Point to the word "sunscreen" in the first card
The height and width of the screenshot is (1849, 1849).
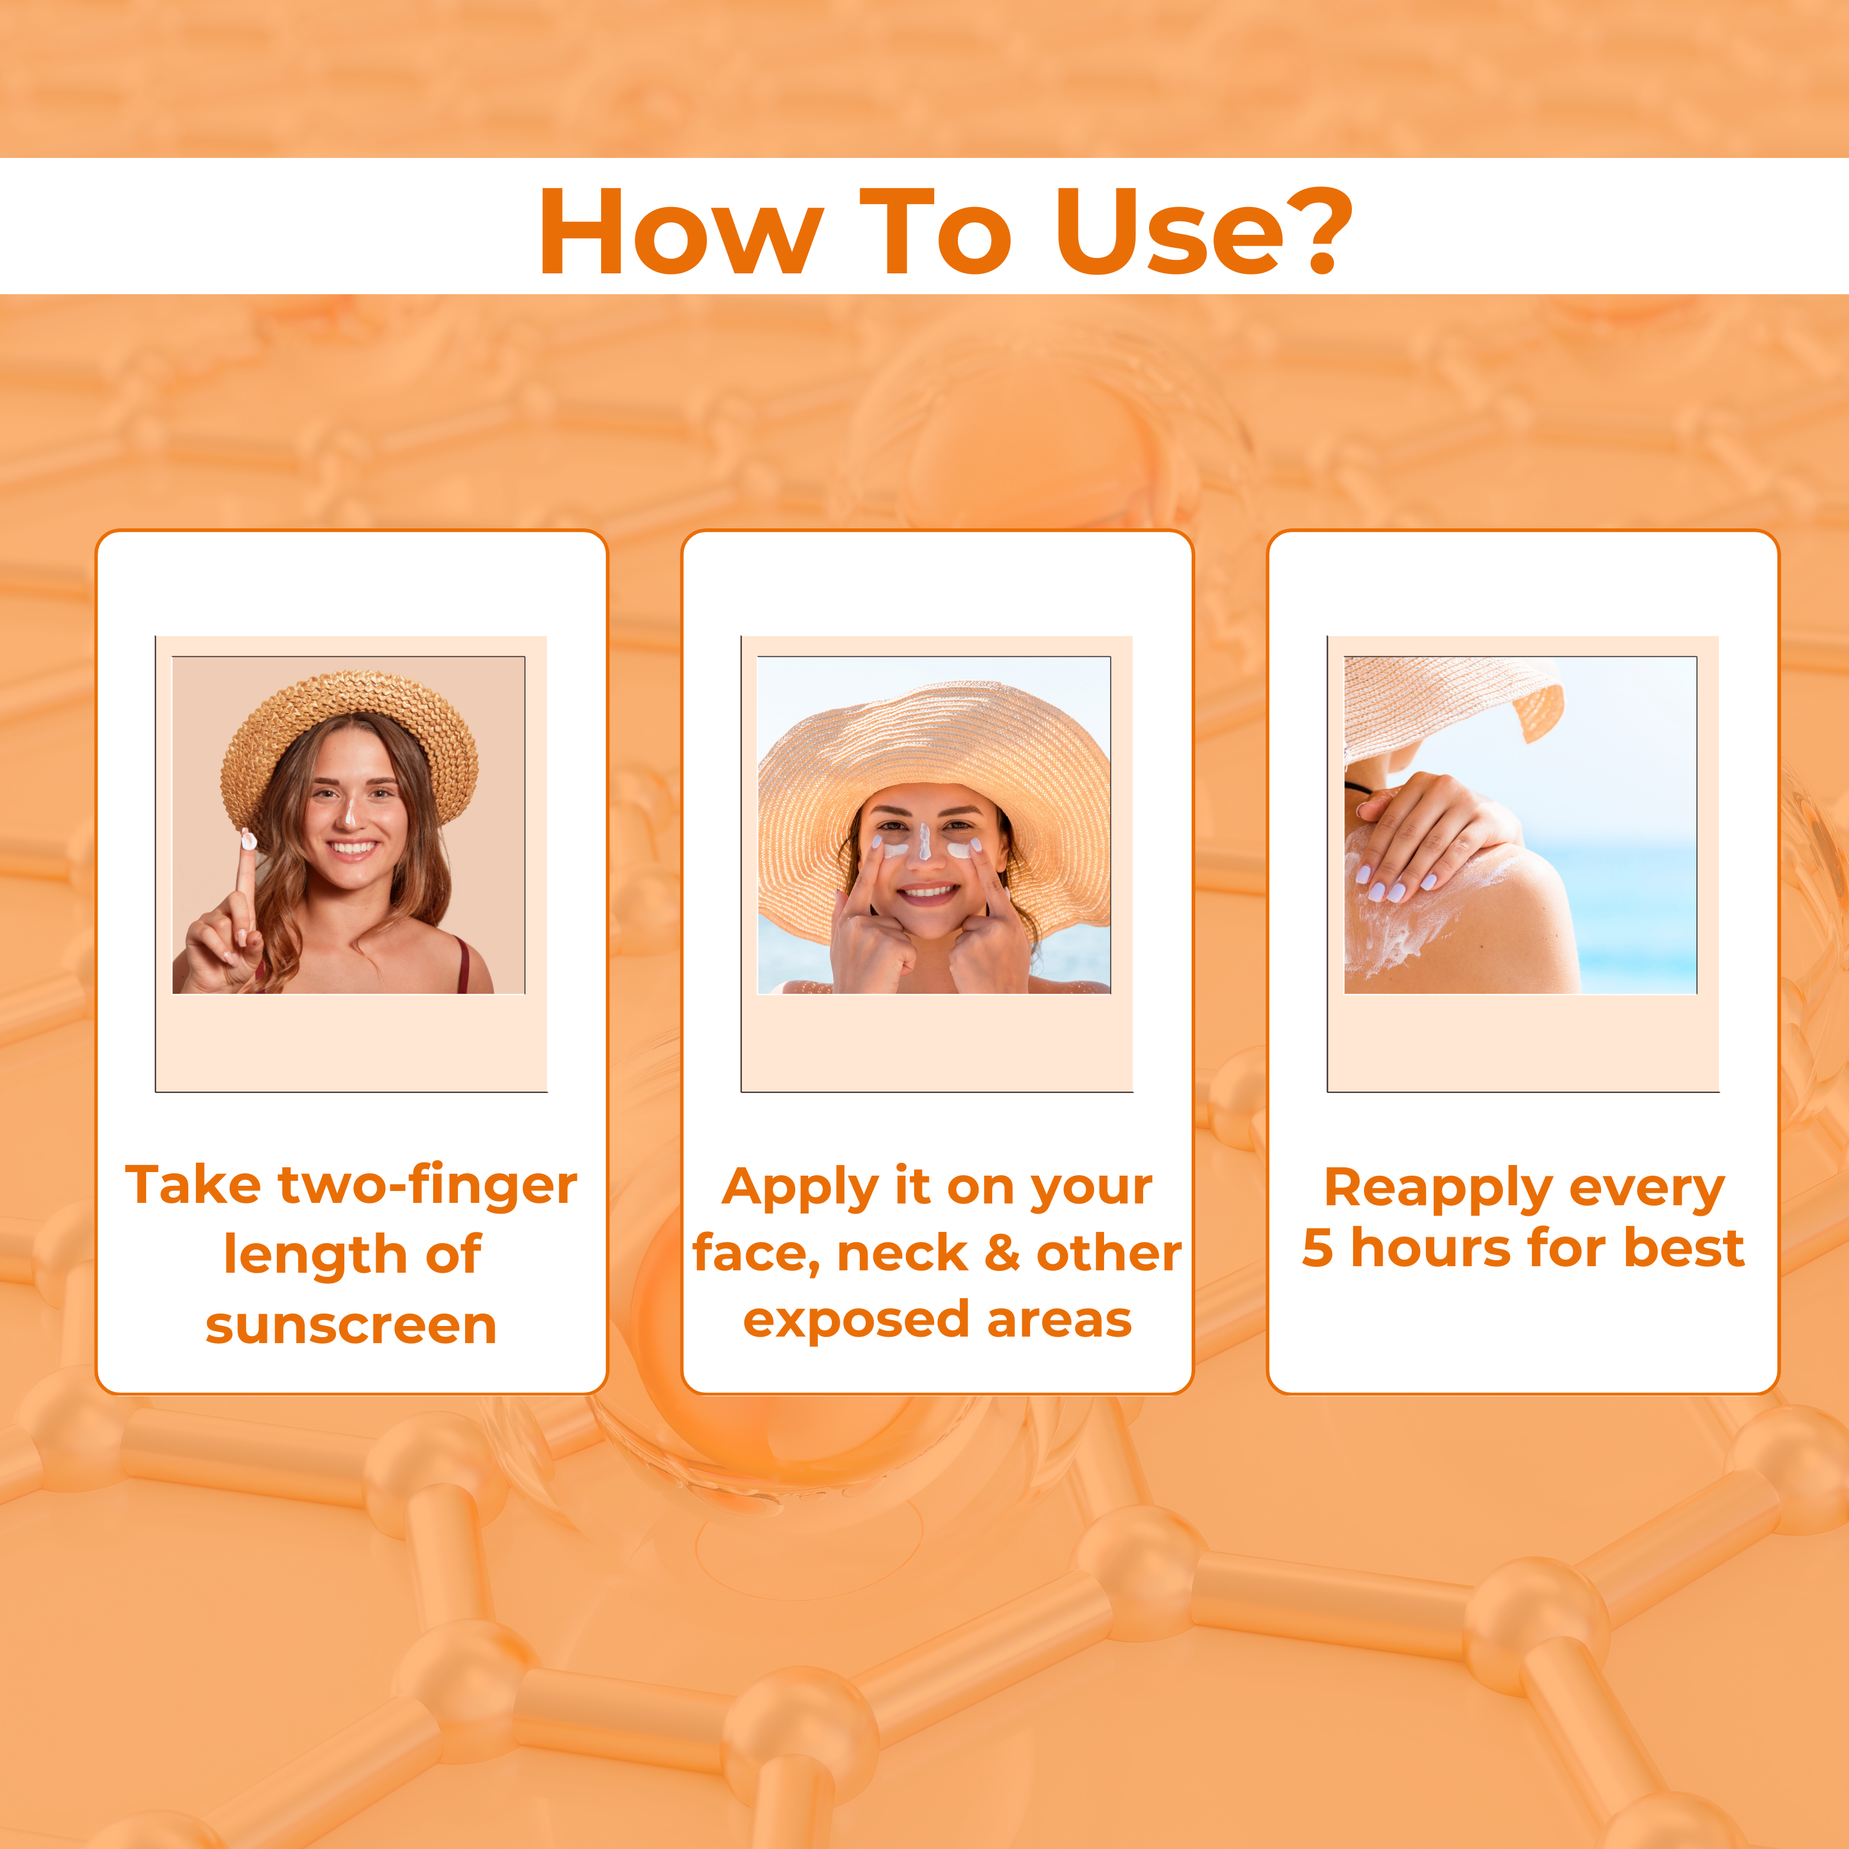351,1325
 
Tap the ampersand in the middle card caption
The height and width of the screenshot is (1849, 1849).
1002,1253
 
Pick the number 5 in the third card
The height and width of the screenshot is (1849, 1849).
1317,1248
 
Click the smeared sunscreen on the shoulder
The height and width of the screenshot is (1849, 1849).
1407,919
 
